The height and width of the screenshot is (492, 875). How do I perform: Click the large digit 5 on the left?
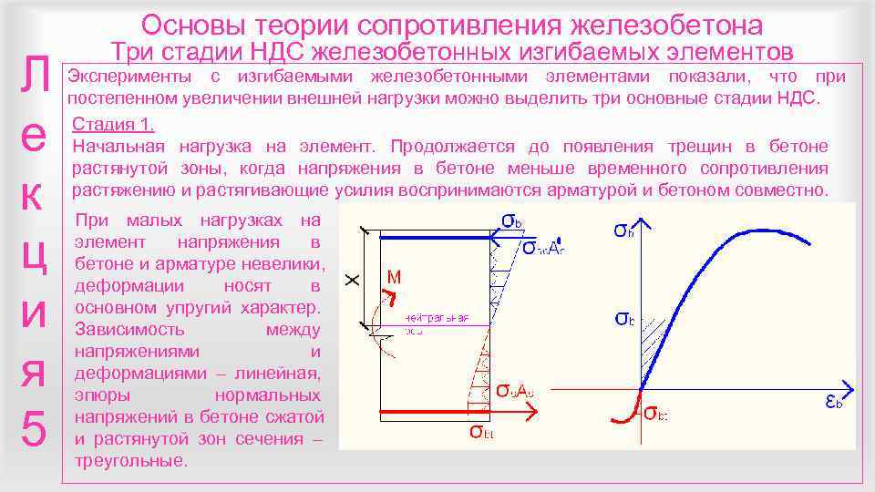click(x=33, y=427)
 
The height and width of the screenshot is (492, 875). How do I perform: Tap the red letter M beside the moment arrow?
click(x=395, y=276)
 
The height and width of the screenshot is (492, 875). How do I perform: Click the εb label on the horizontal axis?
click(x=832, y=402)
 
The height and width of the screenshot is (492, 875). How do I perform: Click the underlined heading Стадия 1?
click(x=113, y=125)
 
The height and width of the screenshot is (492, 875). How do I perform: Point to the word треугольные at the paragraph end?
click(x=132, y=461)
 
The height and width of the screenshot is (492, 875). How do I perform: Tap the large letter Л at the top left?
click(x=34, y=77)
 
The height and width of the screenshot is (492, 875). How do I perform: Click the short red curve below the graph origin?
click(x=627, y=409)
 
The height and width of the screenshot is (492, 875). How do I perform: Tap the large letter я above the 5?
click(x=33, y=371)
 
